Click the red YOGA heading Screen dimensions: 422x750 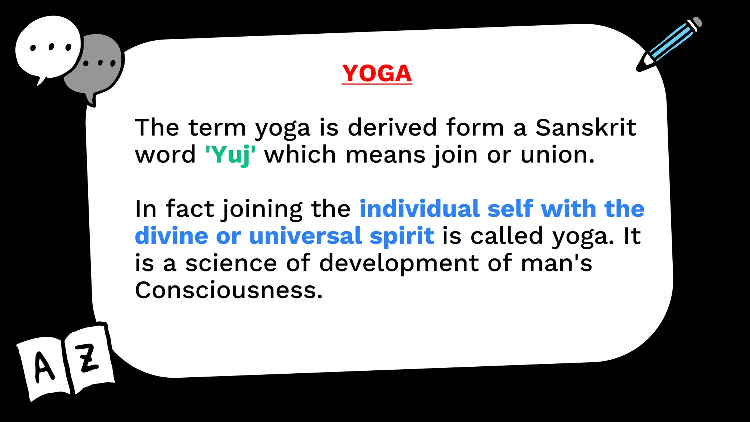coord(377,73)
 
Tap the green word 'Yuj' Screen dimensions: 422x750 coord(230,155)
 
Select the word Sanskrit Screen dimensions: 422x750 coord(586,127)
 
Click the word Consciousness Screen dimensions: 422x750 coord(229,290)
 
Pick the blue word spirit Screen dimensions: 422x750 coord(402,236)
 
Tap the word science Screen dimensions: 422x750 coord(231,263)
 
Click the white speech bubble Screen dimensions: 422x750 coord(48,48)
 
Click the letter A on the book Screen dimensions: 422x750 coord(44,366)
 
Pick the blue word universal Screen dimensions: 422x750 coord(305,236)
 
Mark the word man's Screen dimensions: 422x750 coord(556,263)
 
